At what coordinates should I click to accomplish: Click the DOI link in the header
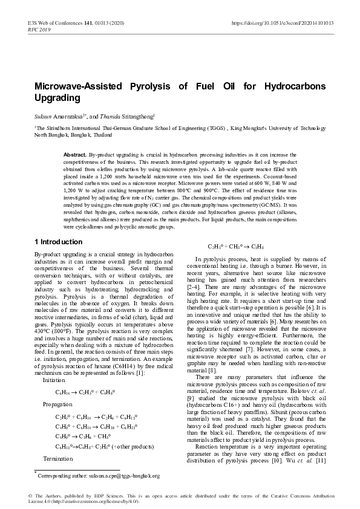point(283,23)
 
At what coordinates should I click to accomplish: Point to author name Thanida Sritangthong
point(139,114)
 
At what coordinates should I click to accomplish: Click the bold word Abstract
point(75,155)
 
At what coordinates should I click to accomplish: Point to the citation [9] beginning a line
point(191,399)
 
